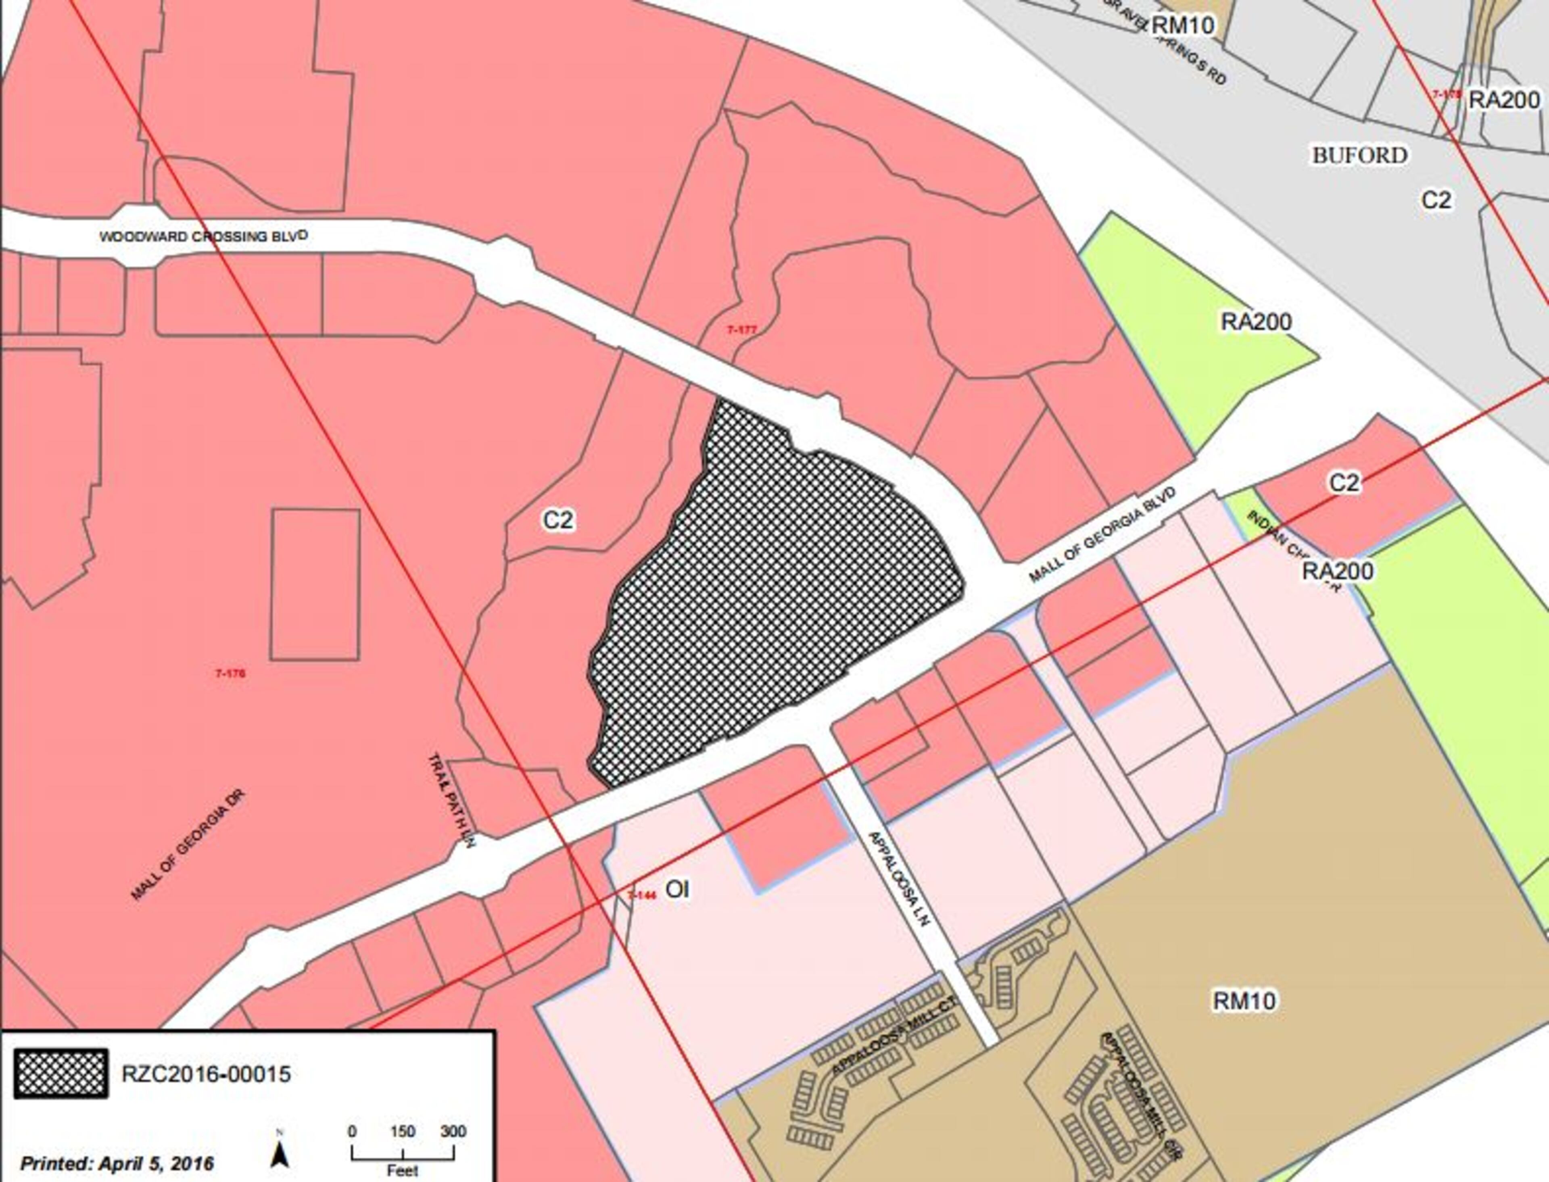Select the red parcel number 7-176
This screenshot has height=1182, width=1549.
230,673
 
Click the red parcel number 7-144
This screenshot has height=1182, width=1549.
641,895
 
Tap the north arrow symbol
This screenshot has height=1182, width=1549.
280,1154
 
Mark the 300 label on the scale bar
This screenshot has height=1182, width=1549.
453,1131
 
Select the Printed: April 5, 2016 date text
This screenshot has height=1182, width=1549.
117,1163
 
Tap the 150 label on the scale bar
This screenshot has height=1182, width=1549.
403,1131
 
